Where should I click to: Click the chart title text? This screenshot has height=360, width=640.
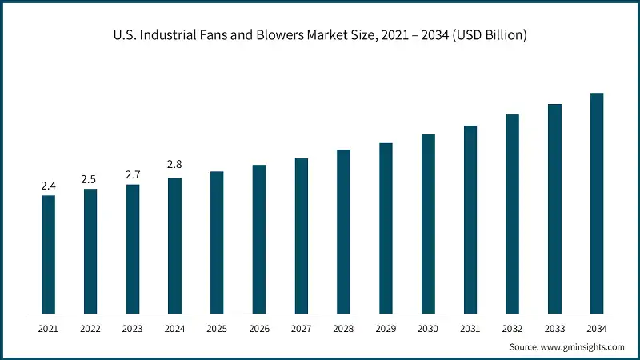[320, 36]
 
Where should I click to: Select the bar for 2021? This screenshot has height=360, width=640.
[48, 254]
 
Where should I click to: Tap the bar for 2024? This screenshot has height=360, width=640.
[174, 246]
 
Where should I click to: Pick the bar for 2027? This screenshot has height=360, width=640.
[301, 236]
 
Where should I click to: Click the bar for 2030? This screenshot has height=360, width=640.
[428, 224]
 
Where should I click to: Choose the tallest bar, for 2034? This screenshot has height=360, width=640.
[597, 203]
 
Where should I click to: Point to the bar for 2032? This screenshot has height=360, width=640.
[512, 214]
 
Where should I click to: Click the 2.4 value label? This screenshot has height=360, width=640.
[48, 186]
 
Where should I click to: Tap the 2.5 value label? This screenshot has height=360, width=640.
[90, 179]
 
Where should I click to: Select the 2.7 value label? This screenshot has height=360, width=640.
[132, 174]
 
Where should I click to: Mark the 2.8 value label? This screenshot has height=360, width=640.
[174, 165]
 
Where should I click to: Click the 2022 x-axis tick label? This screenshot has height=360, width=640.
[90, 328]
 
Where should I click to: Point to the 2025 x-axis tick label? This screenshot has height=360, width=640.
[217, 328]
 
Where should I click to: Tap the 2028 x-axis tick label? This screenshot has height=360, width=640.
[343, 328]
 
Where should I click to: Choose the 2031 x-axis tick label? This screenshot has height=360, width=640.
[470, 328]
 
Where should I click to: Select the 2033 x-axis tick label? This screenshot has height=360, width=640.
[554, 328]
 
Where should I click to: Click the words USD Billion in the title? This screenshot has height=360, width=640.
[492, 36]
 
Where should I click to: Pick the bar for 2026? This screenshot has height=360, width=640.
[259, 239]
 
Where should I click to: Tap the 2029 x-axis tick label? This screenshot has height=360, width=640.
[386, 328]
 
